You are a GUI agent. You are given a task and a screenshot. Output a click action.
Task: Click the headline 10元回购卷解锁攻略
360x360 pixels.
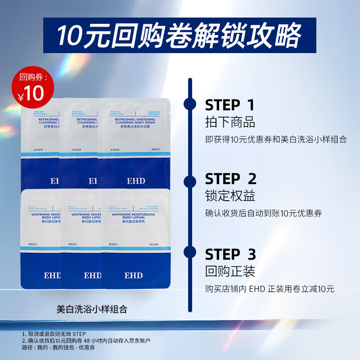[x=180, y=35]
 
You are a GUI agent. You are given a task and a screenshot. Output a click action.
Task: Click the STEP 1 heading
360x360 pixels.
[x=229, y=105]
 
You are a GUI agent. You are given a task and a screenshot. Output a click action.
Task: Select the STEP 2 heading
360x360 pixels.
[x=230, y=179]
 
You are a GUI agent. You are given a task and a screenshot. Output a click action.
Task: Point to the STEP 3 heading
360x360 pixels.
[x=230, y=255]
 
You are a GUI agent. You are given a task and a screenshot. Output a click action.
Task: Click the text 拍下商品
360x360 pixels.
[x=230, y=122]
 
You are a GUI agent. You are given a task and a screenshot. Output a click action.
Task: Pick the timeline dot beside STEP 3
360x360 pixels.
[x=190, y=252]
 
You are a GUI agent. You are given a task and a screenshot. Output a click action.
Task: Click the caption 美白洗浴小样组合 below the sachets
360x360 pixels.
[x=92, y=310]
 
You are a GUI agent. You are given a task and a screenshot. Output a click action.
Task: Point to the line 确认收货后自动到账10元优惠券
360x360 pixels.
[x=264, y=214]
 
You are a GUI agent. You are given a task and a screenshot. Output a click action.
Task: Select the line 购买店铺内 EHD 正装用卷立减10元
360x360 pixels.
[x=270, y=289]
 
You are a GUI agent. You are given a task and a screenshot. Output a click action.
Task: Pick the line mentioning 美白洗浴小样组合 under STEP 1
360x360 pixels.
[x=276, y=139]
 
